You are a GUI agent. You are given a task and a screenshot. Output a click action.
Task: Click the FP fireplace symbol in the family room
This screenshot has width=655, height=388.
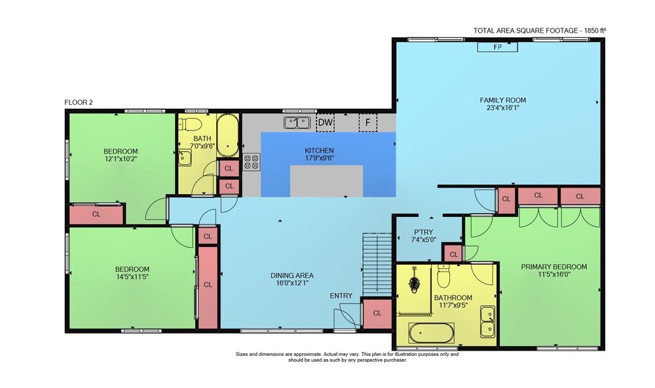click(x=498, y=47)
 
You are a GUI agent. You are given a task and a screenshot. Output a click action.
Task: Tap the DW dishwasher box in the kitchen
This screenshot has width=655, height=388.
click(x=326, y=123)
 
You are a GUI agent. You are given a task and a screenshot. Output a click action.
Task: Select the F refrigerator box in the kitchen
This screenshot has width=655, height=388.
click(x=368, y=123)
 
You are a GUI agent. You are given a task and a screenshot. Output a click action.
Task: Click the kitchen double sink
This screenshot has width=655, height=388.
click(x=297, y=123)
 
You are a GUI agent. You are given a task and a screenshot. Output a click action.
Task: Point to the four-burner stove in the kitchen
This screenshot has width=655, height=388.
click(x=252, y=161)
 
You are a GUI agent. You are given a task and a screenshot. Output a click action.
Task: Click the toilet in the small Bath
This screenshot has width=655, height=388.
click(x=191, y=125)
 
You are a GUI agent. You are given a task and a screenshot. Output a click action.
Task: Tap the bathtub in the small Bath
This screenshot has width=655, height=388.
click(x=228, y=136)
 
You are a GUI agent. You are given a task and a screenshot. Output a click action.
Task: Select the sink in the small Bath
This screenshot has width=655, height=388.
click(x=185, y=157)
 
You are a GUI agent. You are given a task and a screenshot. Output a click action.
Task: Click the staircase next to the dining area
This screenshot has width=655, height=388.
click(x=377, y=262)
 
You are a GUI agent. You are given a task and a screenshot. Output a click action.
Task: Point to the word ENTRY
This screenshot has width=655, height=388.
click(x=341, y=296)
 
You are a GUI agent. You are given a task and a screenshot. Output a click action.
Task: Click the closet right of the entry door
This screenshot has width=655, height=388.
click(x=377, y=313)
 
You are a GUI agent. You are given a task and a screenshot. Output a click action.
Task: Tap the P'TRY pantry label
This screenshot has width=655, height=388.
click(x=423, y=232)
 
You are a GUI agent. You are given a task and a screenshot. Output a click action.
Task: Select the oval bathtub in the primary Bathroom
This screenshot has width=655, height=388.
click(x=432, y=333)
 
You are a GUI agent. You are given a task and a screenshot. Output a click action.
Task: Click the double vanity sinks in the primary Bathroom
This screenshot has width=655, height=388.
click(x=487, y=322)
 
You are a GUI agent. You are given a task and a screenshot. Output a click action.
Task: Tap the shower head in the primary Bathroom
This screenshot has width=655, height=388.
click(x=414, y=281)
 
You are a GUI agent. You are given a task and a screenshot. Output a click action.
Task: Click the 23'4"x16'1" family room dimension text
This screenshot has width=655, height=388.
click(x=502, y=107)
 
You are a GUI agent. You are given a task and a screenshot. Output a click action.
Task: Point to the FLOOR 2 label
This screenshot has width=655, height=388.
click(x=79, y=102)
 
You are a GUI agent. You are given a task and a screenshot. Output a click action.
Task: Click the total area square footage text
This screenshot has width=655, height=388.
click(x=539, y=31)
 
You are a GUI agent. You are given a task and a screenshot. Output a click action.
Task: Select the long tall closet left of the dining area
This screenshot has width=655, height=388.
click(x=208, y=287)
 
